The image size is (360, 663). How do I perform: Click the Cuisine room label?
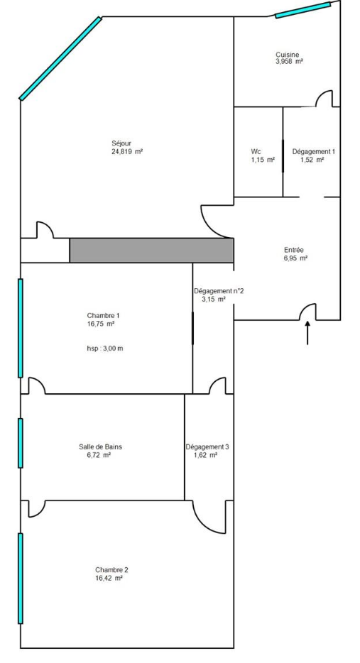tap(288, 55)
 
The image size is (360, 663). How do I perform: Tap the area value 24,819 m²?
tap(127, 151)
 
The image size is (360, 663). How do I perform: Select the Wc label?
tap(256, 151)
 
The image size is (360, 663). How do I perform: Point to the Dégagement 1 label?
tap(314, 151)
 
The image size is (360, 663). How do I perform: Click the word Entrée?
tap(294, 250)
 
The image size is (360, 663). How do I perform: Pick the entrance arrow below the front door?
tap(307, 333)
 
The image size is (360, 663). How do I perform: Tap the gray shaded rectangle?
tap(151, 250)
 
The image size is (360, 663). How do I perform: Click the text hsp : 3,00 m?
tap(105, 349)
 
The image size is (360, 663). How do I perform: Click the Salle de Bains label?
tap(101, 446)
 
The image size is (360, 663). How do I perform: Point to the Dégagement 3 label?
tap(207, 446)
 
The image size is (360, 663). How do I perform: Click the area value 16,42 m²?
tap(109, 578)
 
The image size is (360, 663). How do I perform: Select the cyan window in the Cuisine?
tap(303, 10)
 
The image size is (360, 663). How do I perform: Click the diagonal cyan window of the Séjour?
tap(60, 58)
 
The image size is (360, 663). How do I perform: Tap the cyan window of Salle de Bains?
tap(21, 443)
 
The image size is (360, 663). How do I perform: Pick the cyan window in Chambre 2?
tap(21, 579)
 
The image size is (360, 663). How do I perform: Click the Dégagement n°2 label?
tap(219, 291)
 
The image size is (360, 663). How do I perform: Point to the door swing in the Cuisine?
tap(324, 99)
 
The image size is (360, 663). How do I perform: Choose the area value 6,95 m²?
tap(294, 258)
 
